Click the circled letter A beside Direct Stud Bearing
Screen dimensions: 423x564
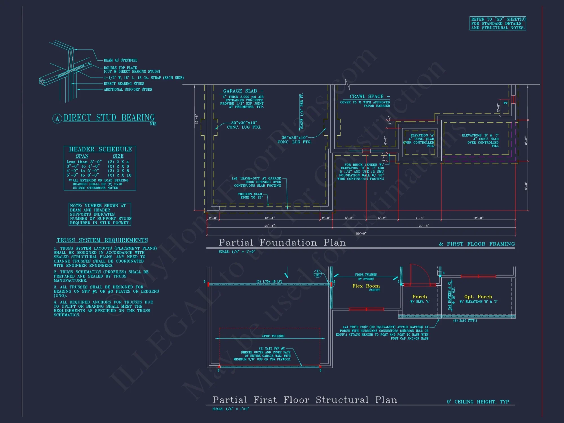click(x=57, y=119)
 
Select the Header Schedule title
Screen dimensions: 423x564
click(x=100, y=149)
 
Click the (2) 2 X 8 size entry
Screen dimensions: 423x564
click(x=118, y=171)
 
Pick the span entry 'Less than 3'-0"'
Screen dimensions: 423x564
click(x=84, y=162)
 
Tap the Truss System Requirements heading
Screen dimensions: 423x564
click(x=102, y=240)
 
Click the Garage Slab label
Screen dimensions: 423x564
click(x=240, y=91)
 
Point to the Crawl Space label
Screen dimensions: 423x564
click(x=367, y=96)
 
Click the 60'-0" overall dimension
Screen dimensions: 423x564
click(x=361, y=233)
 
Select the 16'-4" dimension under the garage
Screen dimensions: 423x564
click(x=269, y=218)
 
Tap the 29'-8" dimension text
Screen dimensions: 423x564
click(x=424, y=226)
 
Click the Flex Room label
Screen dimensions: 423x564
click(x=366, y=286)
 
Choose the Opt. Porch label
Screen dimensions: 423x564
click(x=478, y=297)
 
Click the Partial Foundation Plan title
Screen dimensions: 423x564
click(x=282, y=243)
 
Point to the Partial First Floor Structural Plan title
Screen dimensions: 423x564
click(x=305, y=400)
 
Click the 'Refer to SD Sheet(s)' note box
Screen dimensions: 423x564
click(x=498, y=23)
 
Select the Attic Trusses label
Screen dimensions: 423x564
click(x=273, y=336)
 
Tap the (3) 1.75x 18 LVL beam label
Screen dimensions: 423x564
click(x=269, y=281)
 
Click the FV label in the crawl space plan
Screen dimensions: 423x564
click(x=506, y=103)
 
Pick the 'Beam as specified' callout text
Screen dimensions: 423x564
click(x=120, y=60)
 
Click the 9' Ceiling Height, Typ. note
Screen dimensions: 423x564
click(x=479, y=402)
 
